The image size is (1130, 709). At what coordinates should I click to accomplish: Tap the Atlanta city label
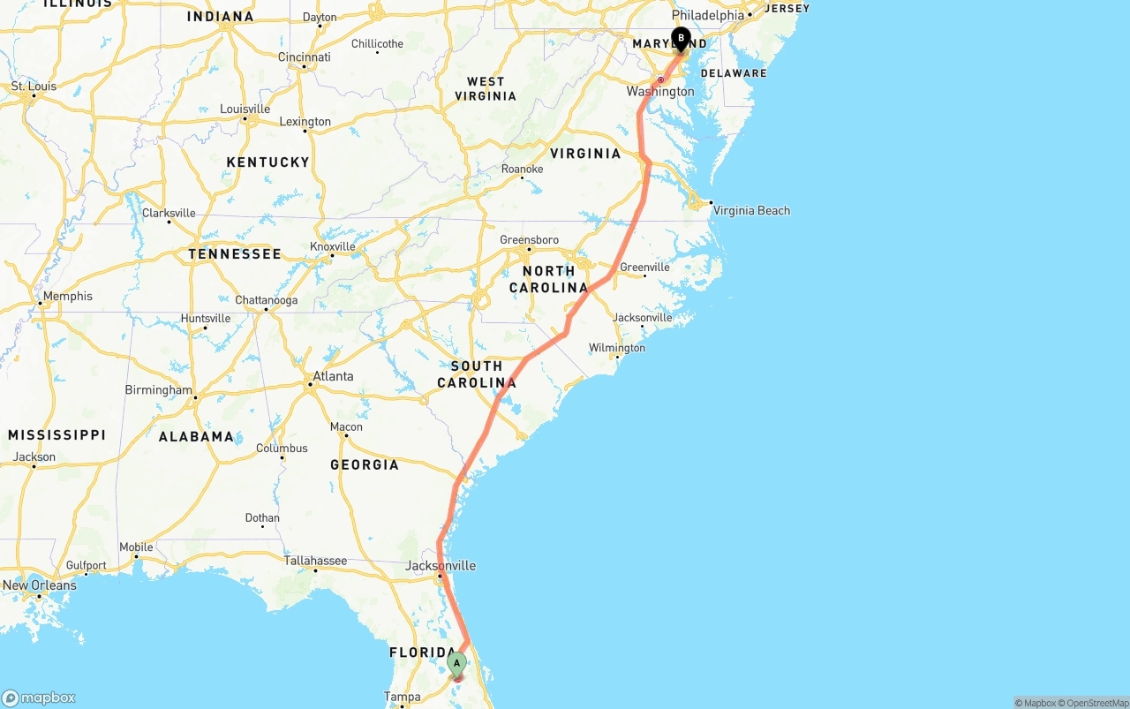coord(333,376)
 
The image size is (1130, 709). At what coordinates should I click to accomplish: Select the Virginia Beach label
coord(751,210)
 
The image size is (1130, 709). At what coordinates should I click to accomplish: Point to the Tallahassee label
coord(315,561)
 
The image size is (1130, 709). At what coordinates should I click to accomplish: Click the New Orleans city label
coord(40,585)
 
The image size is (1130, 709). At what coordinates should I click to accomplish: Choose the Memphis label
coord(68,296)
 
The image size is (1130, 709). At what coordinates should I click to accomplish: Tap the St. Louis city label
coord(34,86)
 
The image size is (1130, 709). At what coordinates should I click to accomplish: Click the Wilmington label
coord(617,348)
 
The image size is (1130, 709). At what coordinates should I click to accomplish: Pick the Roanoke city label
coord(522,169)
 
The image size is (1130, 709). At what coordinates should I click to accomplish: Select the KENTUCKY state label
coord(267,162)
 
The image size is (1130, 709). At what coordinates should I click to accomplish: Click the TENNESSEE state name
coord(235,253)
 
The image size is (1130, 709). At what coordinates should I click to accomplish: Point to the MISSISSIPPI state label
coord(56,434)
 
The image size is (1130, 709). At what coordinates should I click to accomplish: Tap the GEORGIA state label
coord(365,464)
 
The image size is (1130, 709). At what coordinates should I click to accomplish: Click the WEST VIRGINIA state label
coord(486,88)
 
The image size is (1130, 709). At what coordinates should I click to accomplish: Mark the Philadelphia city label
coord(708,15)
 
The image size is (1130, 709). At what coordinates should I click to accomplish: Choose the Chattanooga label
coord(266,300)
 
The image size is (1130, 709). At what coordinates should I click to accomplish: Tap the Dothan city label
coord(262,518)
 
